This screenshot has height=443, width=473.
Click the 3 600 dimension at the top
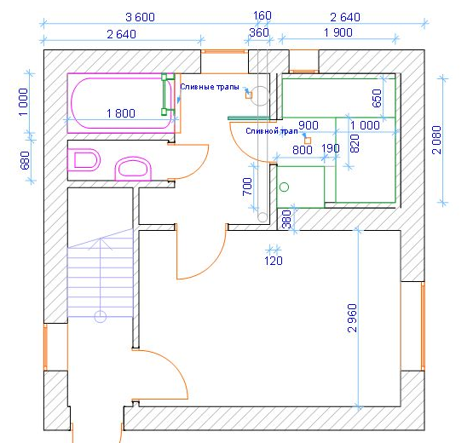pos(140,17)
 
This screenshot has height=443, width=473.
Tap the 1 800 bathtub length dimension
pos(121,113)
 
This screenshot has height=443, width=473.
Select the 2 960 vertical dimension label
pos(352,318)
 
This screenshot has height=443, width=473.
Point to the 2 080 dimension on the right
pos(436,140)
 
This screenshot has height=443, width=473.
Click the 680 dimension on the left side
pos(25,160)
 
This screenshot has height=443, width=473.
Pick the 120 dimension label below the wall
pos(274,261)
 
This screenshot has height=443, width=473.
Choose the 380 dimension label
pos(287,219)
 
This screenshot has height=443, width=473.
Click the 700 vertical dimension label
pos(247,187)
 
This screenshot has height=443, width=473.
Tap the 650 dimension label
pos(377,98)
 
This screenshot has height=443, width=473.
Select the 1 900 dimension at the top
pos(337,32)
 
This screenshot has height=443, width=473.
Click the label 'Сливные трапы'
pos(210,87)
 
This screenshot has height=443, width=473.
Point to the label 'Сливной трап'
pos(272,131)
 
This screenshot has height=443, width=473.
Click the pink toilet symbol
pos(84,160)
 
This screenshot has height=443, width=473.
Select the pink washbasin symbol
pos(133,169)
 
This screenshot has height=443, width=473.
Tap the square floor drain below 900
pos(308,141)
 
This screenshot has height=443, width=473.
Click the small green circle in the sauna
pos(284,187)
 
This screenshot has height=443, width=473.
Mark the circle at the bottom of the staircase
pos(101,317)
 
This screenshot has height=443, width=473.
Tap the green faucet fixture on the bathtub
pos(165,94)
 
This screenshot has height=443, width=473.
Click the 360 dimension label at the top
pos(259,32)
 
